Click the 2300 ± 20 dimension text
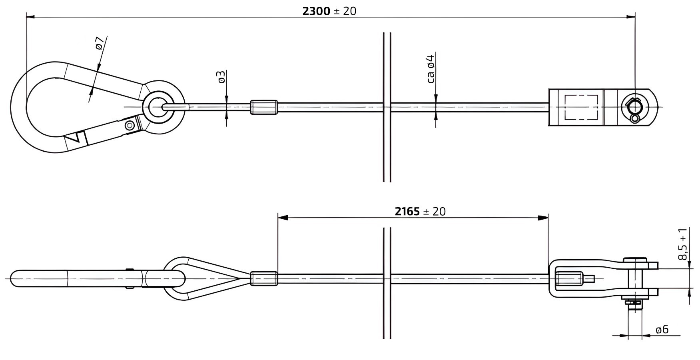point(329,11)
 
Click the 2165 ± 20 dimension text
point(420,211)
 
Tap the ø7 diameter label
point(100,43)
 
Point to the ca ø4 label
point(431,69)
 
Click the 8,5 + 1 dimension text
point(683,244)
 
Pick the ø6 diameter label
point(662,329)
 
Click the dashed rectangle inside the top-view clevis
point(581,107)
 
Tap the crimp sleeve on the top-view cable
point(264,107)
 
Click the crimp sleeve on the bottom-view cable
point(264,278)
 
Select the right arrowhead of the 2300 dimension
point(630,17)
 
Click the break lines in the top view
point(387,107)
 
